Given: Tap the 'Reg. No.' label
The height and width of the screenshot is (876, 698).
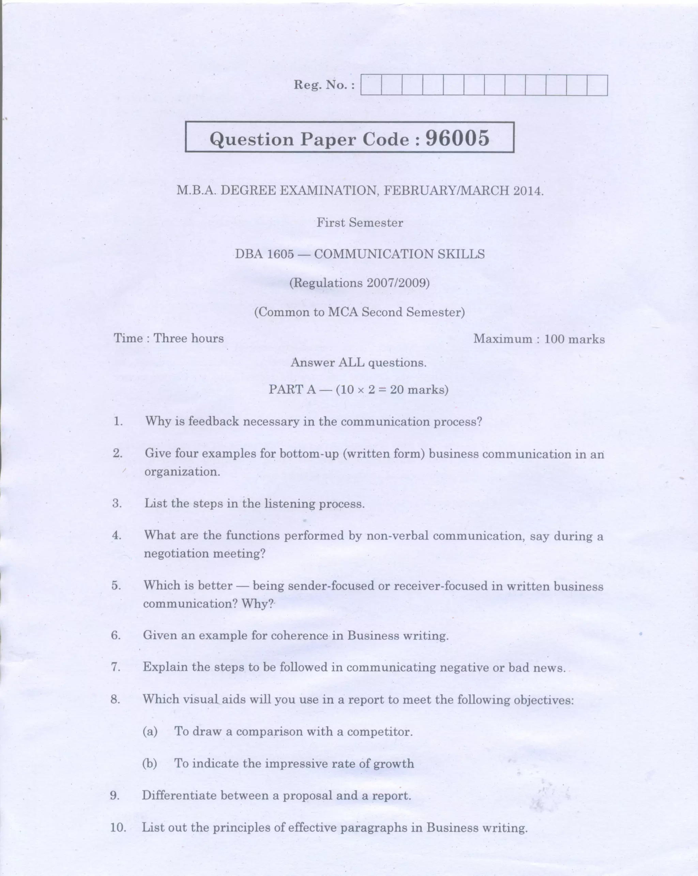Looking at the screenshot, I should click(324, 85).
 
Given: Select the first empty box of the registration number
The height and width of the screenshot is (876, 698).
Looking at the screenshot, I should click(371, 85).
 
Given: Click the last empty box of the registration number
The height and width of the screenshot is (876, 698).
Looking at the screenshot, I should click(597, 85).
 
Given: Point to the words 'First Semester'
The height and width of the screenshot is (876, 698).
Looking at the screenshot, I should click(360, 222).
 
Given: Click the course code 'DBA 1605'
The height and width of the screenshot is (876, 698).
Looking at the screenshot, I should click(264, 254).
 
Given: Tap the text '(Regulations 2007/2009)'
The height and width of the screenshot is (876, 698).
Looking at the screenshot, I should click(359, 283).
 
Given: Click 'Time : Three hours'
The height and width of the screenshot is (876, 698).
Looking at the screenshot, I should click(169, 338).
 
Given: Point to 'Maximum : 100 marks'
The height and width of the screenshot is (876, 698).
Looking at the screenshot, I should click(538, 339).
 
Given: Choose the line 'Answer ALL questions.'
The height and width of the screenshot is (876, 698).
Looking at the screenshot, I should click(359, 363).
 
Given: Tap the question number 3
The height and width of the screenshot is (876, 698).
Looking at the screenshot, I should click(117, 503).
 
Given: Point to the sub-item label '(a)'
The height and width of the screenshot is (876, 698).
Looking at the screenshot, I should click(150, 731).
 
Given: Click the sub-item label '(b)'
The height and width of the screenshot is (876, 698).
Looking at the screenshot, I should click(150, 764).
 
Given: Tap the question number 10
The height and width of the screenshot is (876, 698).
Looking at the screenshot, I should click(118, 827).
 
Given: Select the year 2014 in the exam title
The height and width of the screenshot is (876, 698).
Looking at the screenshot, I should click(527, 190).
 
